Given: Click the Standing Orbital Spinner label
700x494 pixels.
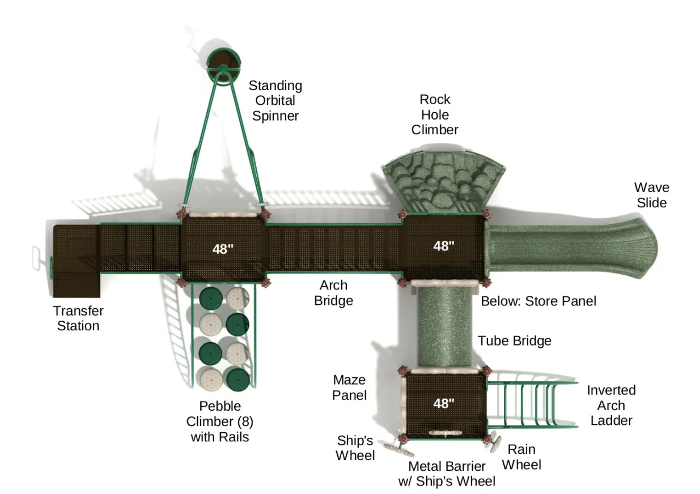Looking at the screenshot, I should (x=275, y=101).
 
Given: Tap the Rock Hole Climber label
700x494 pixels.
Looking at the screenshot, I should (x=435, y=114).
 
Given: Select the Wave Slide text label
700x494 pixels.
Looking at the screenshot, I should (x=651, y=195).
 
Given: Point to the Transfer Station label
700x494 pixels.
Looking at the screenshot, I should (x=78, y=318).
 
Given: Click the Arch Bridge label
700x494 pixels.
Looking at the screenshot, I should (x=333, y=293).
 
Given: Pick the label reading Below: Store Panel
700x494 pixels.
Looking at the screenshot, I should (x=538, y=301).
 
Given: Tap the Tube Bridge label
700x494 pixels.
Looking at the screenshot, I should (x=514, y=340).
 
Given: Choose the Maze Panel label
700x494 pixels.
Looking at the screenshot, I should (x=349, y=387).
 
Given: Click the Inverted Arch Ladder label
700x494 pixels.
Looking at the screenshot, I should (x=611, y=405).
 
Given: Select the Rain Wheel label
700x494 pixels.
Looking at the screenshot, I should (x=521, y=457).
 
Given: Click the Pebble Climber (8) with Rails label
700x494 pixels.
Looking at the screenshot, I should (x=219, y=421).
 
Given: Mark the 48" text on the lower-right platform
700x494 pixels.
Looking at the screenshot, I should (x=444, y=403).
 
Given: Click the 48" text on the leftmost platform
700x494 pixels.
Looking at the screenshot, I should (x=223, y=249).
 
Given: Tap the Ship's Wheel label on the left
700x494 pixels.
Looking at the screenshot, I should (x=355, y=448).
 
